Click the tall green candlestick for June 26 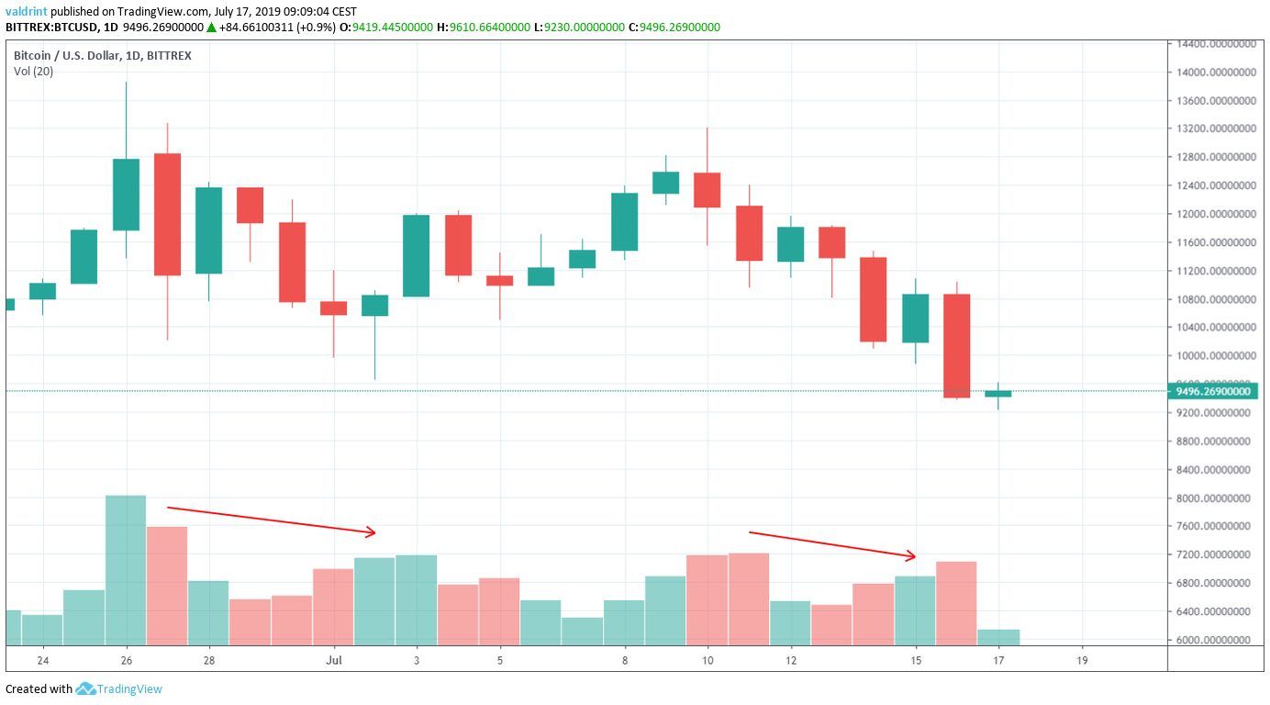pos(127,195)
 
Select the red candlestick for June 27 pos(168,214)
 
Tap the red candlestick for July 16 pos(957,345)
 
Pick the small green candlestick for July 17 pos(998,394)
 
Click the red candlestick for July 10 pos(707,190)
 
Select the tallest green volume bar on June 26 pos(127,569)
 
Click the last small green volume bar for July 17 pos(998,636)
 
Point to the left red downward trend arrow pos(272,520)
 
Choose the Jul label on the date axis pos(334,660)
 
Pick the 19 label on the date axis pos(1082,660)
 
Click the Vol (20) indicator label pos(33,72)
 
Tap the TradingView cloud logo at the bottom pos(86,688)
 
